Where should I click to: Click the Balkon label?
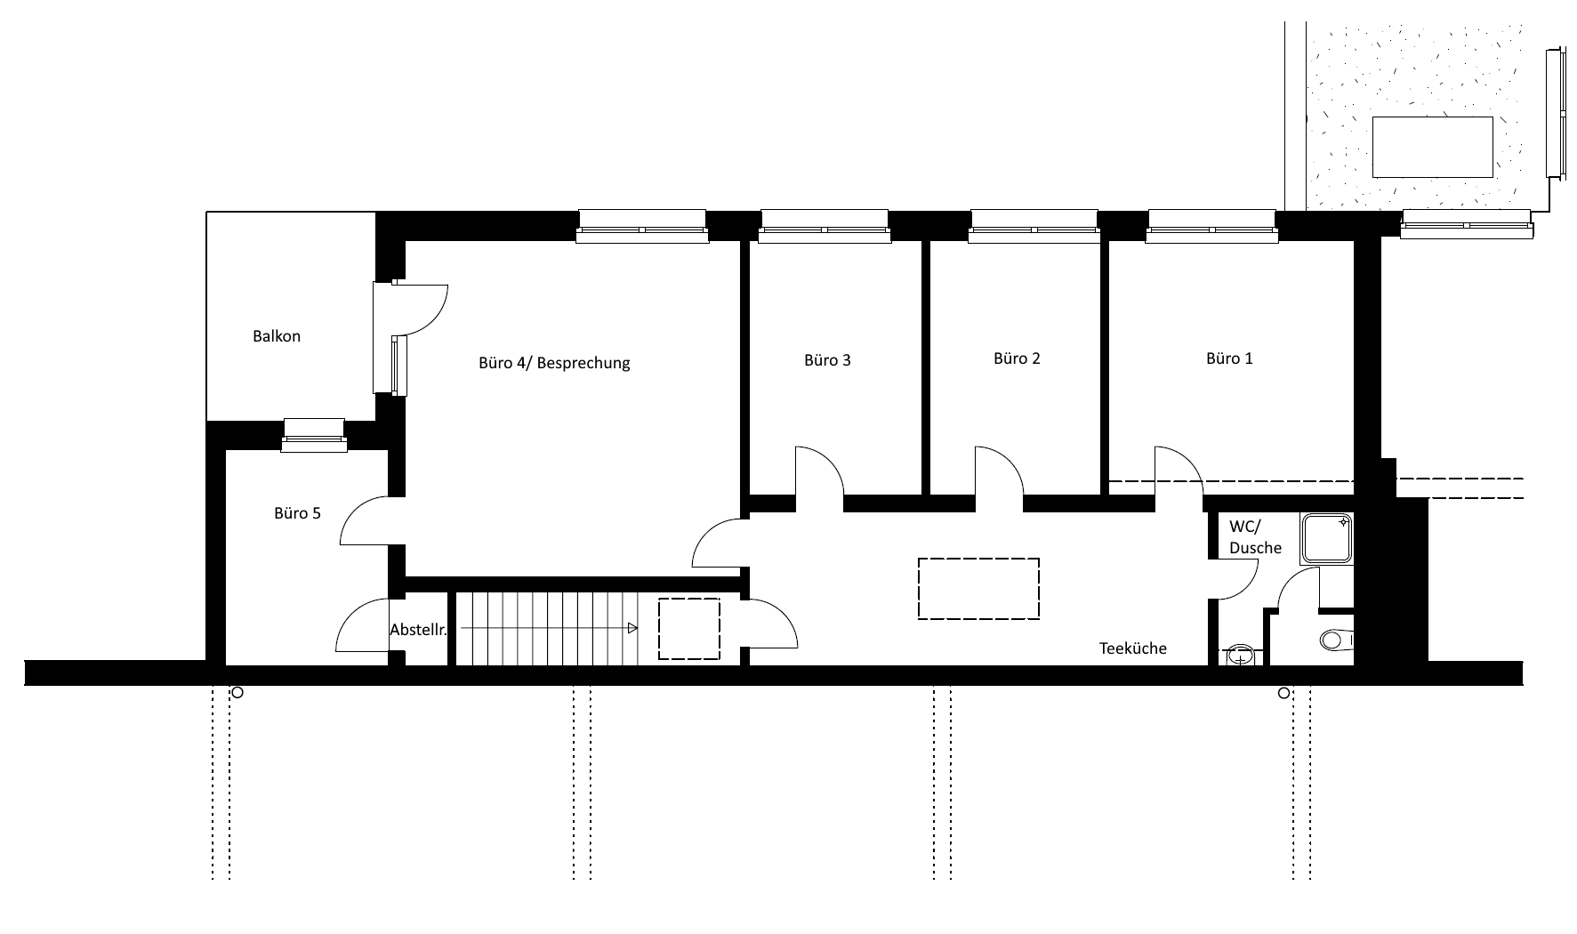[277, 336]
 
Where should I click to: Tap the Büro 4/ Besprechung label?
[554, 363]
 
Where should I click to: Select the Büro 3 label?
[827, 360]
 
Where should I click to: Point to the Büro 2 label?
[1017, 358]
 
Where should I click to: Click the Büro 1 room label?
[1229, 358]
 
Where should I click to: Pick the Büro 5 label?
[297, 513]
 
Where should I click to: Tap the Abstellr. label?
[417, 630]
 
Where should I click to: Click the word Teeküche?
[1132, 648]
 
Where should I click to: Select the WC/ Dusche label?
[1255, 536]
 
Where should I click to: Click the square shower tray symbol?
[1326, 539]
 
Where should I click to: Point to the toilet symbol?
[1337, 639]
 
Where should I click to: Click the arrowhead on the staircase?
[632, 629]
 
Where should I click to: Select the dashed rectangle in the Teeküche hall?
[978, 588]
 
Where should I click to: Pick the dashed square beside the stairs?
[688, 629]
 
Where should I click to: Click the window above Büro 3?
[824, 226]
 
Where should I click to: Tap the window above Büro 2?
[1034, 226]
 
